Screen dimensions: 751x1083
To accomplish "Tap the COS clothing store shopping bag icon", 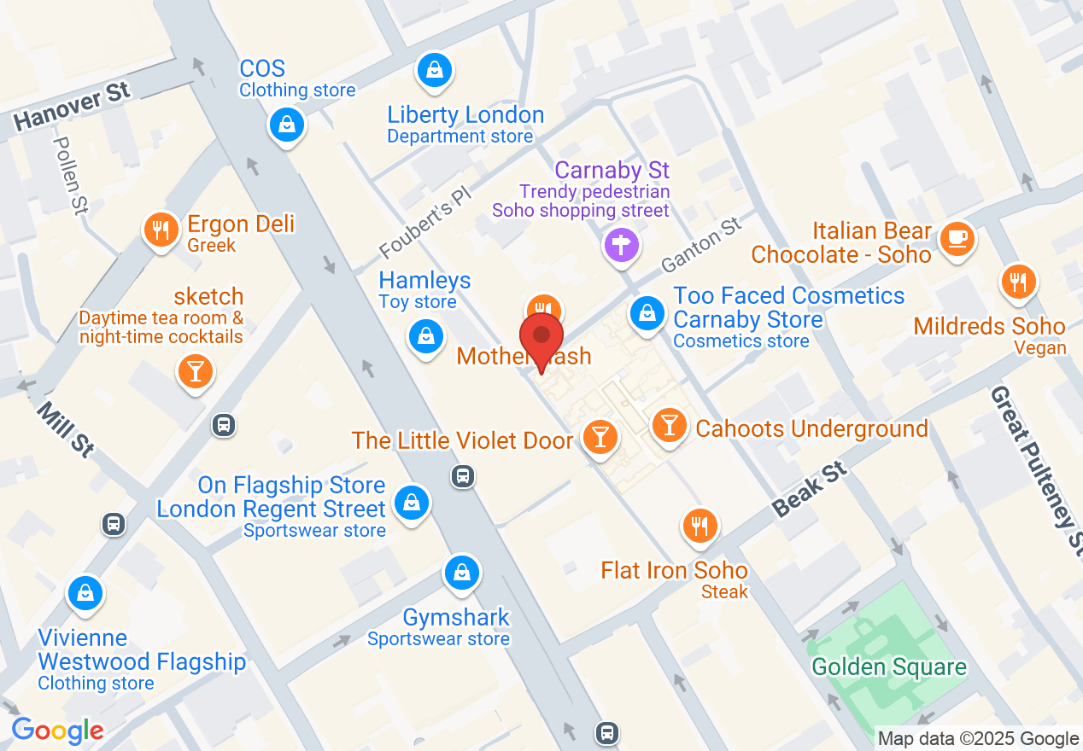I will tap(287, 126).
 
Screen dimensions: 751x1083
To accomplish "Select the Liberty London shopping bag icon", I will tap(435, 70).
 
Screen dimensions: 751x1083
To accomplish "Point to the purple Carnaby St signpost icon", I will tap(623, 246).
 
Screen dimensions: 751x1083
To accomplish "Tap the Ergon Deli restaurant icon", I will tap(160, 229).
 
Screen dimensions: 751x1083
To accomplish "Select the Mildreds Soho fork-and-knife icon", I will tap(1017, 281).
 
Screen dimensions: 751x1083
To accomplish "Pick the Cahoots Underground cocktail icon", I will tap(670, 423).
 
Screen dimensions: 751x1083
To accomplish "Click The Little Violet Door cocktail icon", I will tap(600, 435).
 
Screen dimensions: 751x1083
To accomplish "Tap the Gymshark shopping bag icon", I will tap(462, 572).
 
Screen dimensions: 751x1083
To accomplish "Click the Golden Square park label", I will tap(889, 667).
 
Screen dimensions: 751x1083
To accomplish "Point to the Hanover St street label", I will tap(73, 106).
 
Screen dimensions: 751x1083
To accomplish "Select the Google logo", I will tap(57, 731).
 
